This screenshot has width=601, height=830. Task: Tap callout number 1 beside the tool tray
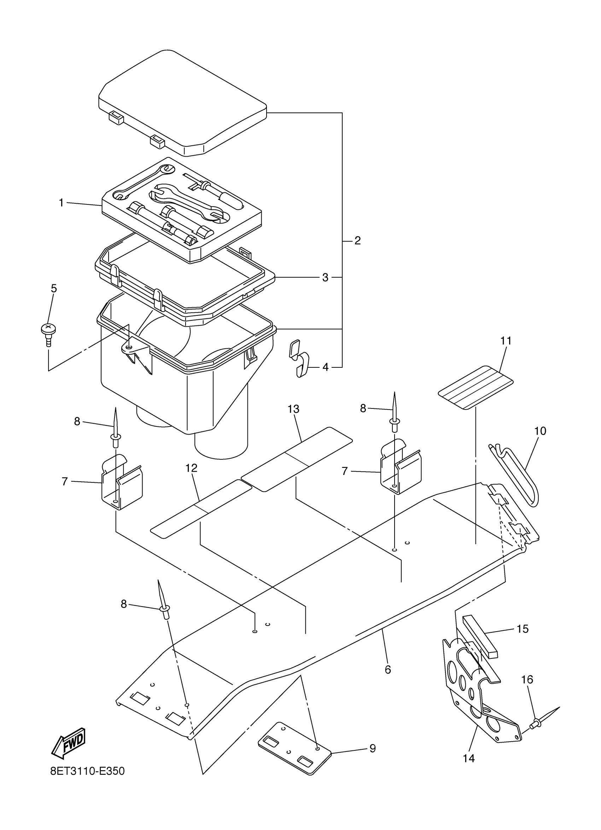[x=62, y=202]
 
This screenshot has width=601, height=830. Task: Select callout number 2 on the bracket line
[x=357, y=240]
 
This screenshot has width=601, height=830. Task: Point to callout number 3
[x=325, y=277]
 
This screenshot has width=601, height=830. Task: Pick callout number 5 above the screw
[x=54, y=288]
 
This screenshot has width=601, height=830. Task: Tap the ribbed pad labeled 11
[x=475, y=387]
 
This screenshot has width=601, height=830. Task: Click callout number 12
[x=191, y=468]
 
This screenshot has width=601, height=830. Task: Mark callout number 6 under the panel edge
[x=388, y=670]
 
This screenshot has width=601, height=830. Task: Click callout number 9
[x=372, y=748]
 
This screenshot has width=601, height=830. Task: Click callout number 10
[x=540, y=431]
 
